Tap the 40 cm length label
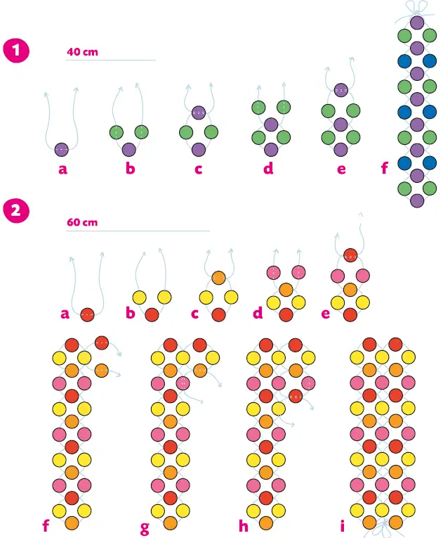point(82,53)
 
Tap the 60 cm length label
point(82,222)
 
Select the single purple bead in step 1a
point(62,149)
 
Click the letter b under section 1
point(131,169)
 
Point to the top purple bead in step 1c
point(198,113)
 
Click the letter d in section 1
point(268,169)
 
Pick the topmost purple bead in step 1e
point(341,90)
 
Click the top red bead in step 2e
point(350,255)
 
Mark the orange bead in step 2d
point(286,290)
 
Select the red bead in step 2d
point(286,315)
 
